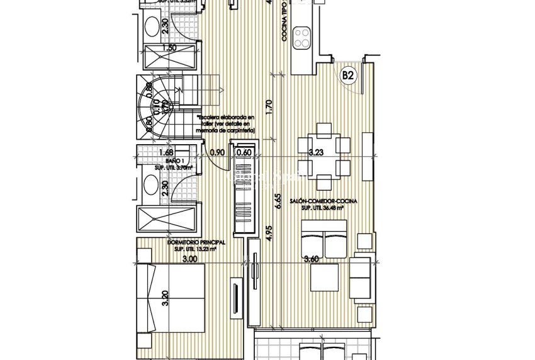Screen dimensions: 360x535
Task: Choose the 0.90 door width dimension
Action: pos(218,152)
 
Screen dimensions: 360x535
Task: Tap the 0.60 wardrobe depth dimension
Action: pos(244,152)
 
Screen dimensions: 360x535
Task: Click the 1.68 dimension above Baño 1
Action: pos(166,152)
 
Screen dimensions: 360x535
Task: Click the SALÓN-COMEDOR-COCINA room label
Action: pos(324,201)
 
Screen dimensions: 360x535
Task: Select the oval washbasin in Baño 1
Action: pos(151,184)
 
